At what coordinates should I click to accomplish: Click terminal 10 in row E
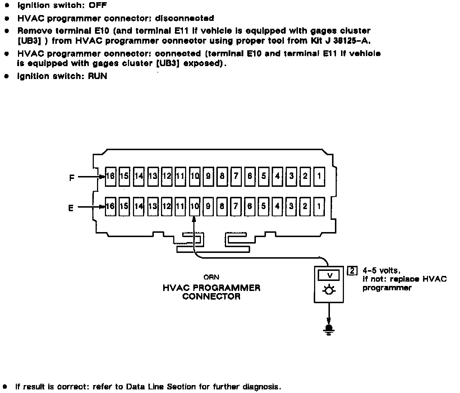(194, 206)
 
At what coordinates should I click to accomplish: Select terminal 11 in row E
(180, 206)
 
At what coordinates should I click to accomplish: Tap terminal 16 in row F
(110, 176)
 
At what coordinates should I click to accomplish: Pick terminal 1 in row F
(319, 176)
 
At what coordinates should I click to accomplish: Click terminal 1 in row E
(319, 206)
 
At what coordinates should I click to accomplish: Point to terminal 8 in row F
(222, 176)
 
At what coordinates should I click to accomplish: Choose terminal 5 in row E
(264, 206)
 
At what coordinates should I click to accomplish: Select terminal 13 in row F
(153, 176)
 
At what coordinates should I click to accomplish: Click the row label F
(72, 177)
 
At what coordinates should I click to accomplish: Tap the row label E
(71, 208)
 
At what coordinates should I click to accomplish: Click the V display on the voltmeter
(329, 276)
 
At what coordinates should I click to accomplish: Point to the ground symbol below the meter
(328, 329)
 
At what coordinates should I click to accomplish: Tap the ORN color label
(211, 277)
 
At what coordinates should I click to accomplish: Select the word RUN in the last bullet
(97, 76)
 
